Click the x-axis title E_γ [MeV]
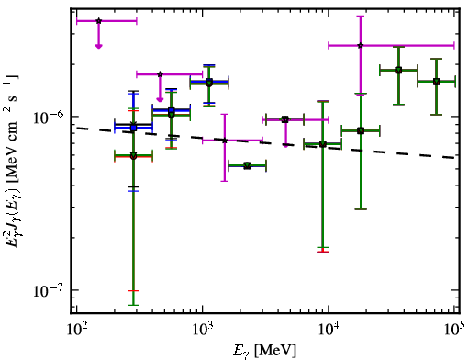click(x=264, y=351)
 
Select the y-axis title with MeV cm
click(x=12, y=161)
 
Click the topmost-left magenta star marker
click(x=98, y=21)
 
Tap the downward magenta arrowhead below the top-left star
click(x=98, y=46)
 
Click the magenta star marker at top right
click(x=361, y=45)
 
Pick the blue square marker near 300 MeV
click(x=133, y=129)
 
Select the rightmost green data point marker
click(x=437, y=82)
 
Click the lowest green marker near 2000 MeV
click(x=247, y=166)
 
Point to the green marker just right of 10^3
click(x=209, y=83)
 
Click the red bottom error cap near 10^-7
click(x=133, y=290)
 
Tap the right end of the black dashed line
click(x=455, y=158)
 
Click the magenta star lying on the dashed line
click(x=225, y=141)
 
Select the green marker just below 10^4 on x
click(x=323, y=144)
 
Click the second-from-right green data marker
click(x=398, y=70)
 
